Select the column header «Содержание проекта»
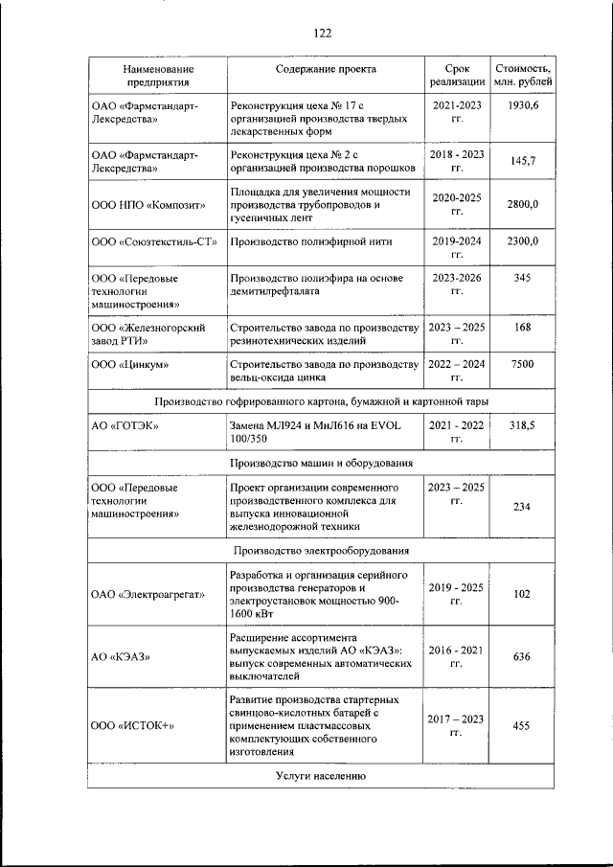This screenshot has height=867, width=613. coord(326,69)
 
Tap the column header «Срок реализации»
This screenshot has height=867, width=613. coord(457,76)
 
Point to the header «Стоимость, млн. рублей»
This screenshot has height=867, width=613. coord(522,76)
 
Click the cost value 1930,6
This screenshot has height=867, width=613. coord(522,103)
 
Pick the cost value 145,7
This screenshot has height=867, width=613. coord(522,160)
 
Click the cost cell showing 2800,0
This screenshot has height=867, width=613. coord(522,204)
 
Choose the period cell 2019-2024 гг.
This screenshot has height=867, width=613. coord(457,248)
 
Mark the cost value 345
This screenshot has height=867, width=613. coord(522,278)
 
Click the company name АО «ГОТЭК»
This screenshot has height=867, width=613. coord(125,424)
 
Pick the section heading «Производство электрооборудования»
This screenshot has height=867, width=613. coord(326,551)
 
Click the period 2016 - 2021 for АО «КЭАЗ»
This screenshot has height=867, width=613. coord(457,656)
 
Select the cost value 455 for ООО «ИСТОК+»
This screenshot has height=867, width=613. coord(522,726)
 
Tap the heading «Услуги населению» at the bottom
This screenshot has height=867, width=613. coord(326,775)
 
